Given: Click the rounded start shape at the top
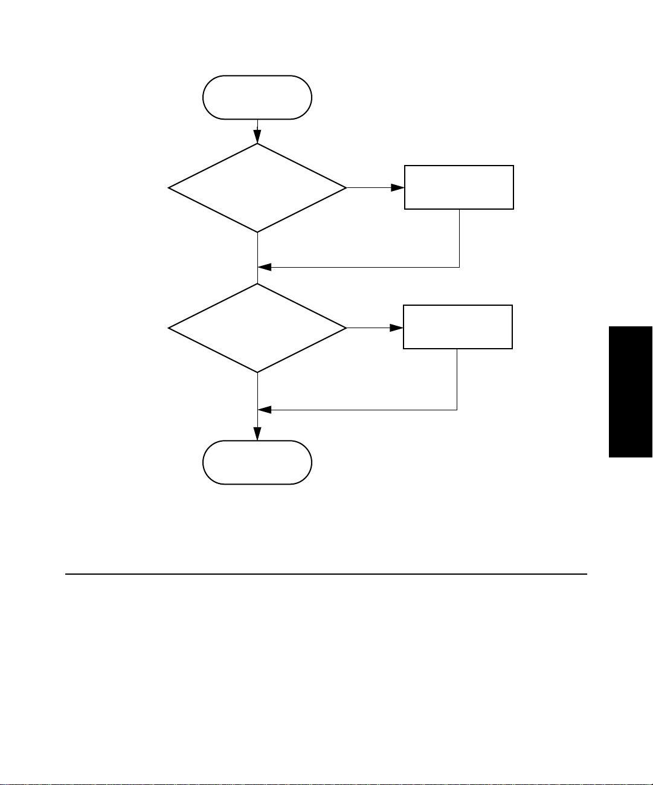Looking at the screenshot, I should click(x=257, y=97).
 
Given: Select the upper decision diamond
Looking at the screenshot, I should click(x=257, y=188).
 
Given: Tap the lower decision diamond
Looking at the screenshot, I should click(x=257, y=328).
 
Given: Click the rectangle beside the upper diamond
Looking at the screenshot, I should click(x=458, y=187).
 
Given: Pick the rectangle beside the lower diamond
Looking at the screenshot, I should click(x=457, y=327).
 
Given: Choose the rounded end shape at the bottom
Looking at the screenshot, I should click(x=257, y=462).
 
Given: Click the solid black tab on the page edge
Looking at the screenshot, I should click(x=631, y=392).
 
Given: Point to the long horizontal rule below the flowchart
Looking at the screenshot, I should click(x=326, y=574).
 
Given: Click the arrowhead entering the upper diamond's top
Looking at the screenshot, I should click(x=257, y=138).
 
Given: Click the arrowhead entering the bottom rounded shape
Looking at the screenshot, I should click(x=257, y=434).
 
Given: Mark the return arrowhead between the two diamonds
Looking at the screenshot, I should click(x=265, y=267).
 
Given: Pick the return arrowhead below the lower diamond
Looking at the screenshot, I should click(x=265, y=410).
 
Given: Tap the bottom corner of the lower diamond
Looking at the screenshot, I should click(x=257, y=371).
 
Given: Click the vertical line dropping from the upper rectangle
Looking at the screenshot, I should click(x=459, y=238).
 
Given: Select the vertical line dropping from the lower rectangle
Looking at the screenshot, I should click(x=457, y=380).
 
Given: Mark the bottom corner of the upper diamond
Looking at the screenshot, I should click(x=257, y=231).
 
